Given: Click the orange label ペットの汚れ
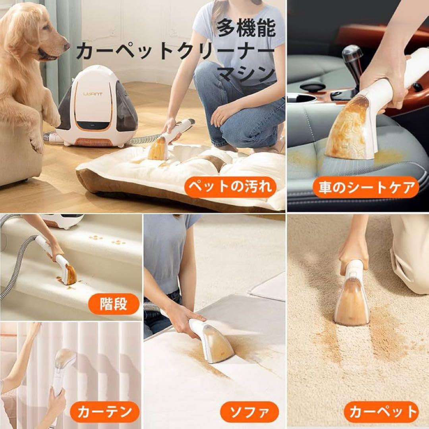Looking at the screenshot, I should pyautogui.click(x=231, y=186).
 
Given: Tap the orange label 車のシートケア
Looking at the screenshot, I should pyautogui.click(x=365, y=187).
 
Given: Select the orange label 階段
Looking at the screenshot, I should pyautogui.click(x=114, y=304).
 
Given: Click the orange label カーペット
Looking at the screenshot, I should pyautogui.click(x=381, y=412).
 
